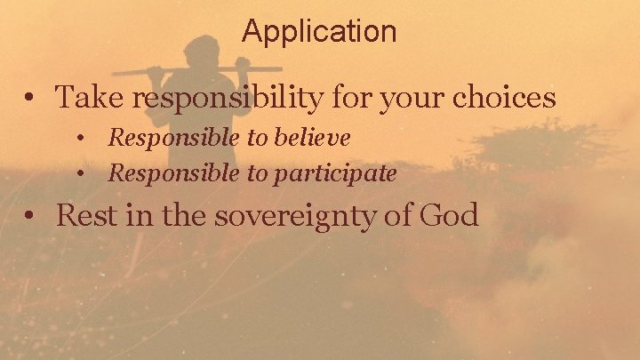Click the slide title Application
pyautogui.click(x=319, y=32)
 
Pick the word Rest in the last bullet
pyautogui.click(x=83, y=215)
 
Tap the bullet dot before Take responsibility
pyautogui.click(x=31, y=99)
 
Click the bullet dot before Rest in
pyautogui.click(x=31, y=217)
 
